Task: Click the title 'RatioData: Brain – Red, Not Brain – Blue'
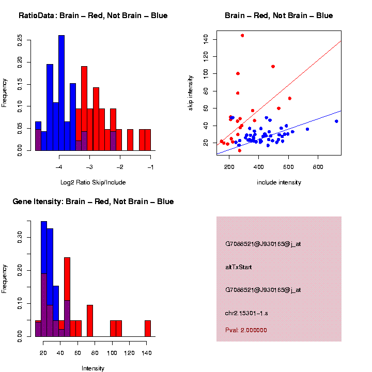[93, 16]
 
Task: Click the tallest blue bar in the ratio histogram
[61, 93]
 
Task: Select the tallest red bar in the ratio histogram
[84, 109]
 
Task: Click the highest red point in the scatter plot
[242, 35]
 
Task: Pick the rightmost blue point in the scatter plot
[336, 121]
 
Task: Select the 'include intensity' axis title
[279, 182]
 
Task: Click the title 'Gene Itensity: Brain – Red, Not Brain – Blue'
[93, 202]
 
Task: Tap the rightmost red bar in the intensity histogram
[148, 329]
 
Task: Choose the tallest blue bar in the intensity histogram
[44, 279]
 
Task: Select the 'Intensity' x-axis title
[93, 368]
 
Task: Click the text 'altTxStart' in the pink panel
[238, 267]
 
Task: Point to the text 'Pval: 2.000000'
[246, 330]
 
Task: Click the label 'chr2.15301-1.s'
[246, 313]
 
